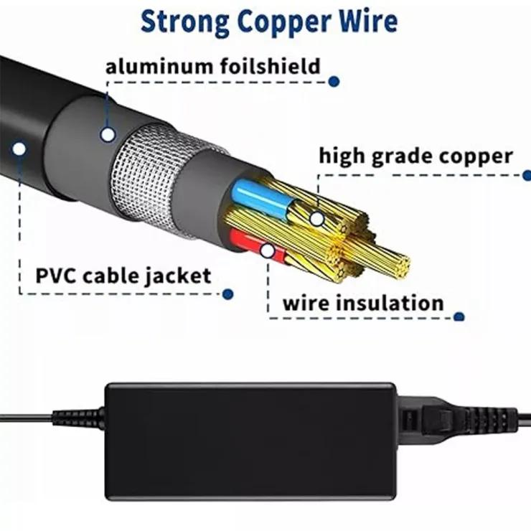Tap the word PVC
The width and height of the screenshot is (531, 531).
coord(62,275)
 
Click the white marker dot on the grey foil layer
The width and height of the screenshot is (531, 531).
coord(108,133)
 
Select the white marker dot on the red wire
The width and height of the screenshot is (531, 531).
coord(268,250)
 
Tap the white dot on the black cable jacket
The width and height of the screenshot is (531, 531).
coord(19,149)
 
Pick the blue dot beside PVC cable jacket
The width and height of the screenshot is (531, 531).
coord(228,293)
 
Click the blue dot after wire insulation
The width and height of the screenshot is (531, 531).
coord(460,316)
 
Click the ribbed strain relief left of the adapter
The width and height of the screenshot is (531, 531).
coord(77,417)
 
